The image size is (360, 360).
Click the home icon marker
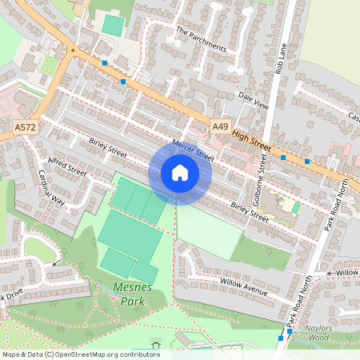point(180,173)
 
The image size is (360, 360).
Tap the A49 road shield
point(220,127)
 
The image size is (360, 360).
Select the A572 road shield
point(24,126)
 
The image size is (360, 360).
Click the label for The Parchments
point(201,38)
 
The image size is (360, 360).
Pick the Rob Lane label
point(279,58)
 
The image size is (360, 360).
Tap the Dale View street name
point(254,103)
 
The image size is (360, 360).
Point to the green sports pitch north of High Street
point(113,26)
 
